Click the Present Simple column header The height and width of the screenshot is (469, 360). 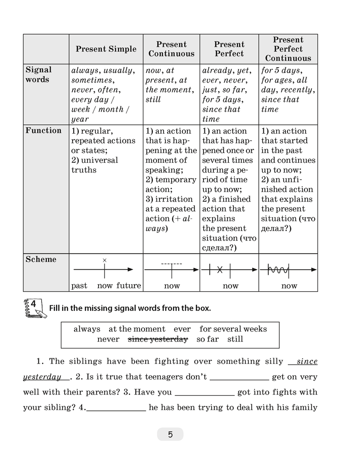[x=106, y=49]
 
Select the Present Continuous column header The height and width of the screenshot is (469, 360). [x=172, y=49]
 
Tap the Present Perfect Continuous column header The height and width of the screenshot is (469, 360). [x=288, y=49]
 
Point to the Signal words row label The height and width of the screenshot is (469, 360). [x=38, y=75]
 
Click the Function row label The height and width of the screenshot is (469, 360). [x=43, y=131]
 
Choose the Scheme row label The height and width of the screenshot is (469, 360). [x=41, y=259]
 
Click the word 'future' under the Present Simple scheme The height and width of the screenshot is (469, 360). [x=128, y=286]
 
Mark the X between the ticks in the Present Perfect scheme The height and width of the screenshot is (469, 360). [x=219, y=269]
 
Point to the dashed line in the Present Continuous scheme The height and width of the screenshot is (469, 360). [x=172, y=264]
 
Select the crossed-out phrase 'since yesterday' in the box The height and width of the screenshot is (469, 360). [x=158, y=339]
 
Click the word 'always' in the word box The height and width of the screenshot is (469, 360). [x=87, y=329]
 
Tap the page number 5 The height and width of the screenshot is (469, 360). [x=170, y=434]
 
